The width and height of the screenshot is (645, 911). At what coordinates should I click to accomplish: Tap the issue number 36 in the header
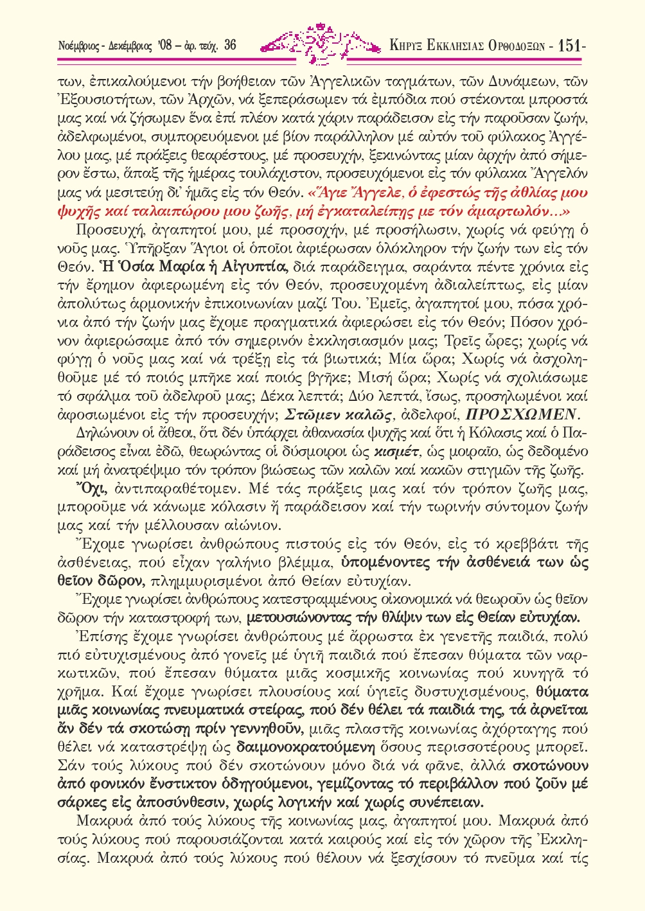(231, 46)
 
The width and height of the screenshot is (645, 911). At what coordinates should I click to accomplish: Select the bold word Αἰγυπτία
(256, 267)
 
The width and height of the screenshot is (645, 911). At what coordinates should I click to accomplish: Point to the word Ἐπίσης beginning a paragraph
(97, 637)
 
